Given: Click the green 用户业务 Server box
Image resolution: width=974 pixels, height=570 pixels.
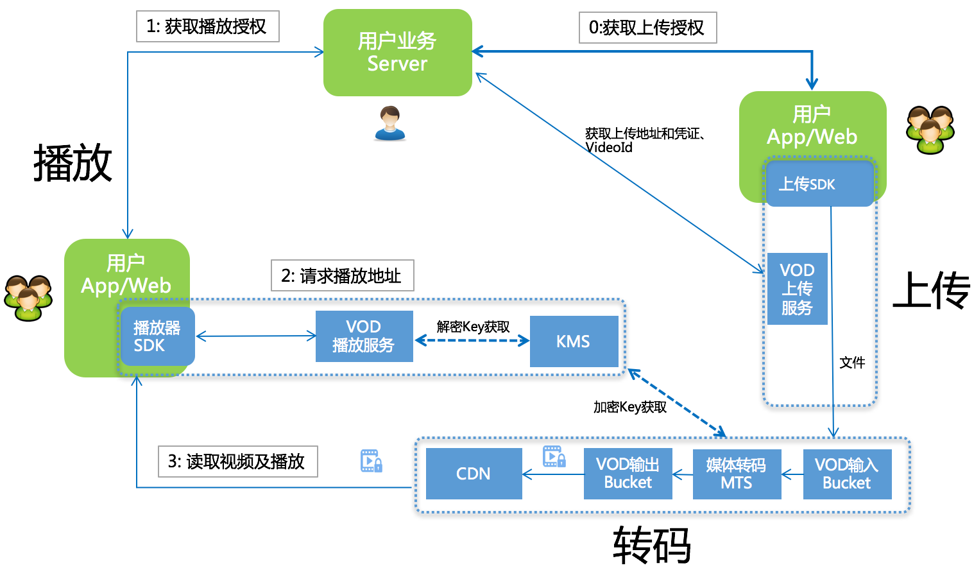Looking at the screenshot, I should pyautogui.click(x=397, y=53).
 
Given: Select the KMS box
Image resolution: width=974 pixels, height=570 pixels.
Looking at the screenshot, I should pyautogui.click(x=574, y=341).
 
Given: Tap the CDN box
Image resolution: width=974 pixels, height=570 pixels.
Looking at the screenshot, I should pyautogui.click(x=474, y=474).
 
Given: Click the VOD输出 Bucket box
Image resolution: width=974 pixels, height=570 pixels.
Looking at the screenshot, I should pyautogui.click(x=628, y=474).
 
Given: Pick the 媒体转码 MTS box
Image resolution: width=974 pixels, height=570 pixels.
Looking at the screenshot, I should pyautogui.click(x=737, y=474).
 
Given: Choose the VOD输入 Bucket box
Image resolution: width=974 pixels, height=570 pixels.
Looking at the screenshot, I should pyautogui.click(x=847, y=474).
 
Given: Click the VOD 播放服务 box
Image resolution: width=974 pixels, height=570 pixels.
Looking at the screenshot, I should pyautogui.click(x=364, y=336).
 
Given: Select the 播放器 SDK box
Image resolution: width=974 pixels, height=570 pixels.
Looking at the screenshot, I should pyautogui.click(x=157, y=336).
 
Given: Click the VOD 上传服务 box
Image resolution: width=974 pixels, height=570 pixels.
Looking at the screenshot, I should pyautogui.click(x=797, y=289).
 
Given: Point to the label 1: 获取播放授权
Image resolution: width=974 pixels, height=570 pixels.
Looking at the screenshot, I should pyautogui.click(x=207, y=26).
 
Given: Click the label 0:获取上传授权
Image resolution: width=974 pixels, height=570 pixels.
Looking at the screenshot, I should pyautogui.click(x=647, y=28).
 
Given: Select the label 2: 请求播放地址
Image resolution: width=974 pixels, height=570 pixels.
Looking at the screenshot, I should pyautogui.click(x=342, y=276).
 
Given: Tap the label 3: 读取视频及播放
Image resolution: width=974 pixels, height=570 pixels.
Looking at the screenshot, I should pyautogui.click(x=237, y=462).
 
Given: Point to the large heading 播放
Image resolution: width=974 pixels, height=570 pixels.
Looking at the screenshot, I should pyautogui.click(x=73, y=163).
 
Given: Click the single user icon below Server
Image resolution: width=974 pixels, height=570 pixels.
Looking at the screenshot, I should pyautogui.click(x=389, y=123).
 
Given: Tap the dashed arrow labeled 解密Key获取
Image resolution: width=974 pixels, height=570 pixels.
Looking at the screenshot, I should pyautogui.click(x=472, y=340).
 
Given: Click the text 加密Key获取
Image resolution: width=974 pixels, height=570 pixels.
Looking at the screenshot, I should pyautogui.click(x=630, y=407).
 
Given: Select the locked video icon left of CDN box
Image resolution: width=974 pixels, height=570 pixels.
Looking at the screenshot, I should pyautogui.click(x=371, y=461).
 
